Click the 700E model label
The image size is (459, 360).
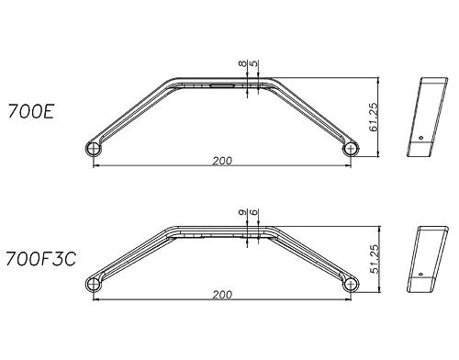(x=31, y=111)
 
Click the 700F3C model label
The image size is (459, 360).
(x=40, y=259)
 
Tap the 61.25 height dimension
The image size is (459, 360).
(x=374, y=117)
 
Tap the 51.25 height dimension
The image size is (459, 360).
(x=375, y=259)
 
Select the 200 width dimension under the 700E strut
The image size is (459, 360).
(x=222, y=161)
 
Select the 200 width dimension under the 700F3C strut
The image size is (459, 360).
(x=222, y=295)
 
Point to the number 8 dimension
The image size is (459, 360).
(x=242, y=63)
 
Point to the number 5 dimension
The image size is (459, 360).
(x=254, y=63)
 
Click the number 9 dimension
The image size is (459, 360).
(x=242, y=212)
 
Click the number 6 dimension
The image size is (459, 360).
(x=254, y=212)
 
